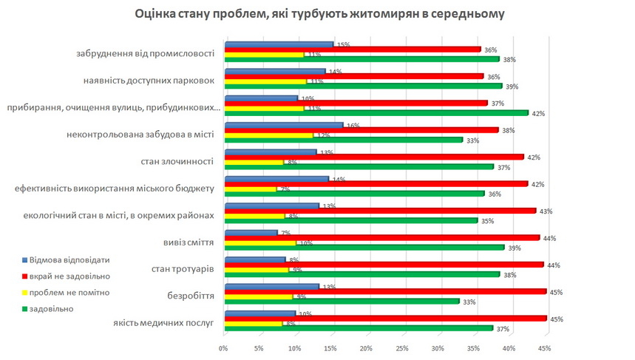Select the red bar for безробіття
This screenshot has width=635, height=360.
pos(384,291)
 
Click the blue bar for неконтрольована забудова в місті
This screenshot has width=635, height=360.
pos(283,126)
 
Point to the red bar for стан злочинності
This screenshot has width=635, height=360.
pos(373,157)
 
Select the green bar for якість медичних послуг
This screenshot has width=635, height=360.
pos(358,327)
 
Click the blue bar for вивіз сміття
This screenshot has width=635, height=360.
pos(251,233)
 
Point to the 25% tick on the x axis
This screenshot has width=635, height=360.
pos(402,347)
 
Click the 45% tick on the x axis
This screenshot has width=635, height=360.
pos(546,347)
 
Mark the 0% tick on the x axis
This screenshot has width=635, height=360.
pos(223,347)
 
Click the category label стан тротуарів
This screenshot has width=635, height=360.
pos(177,268)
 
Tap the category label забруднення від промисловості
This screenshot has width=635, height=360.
pos(145,53)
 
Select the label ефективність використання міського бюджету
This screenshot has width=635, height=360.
pos(114,188)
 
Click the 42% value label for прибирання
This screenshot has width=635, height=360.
pos(538,113)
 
